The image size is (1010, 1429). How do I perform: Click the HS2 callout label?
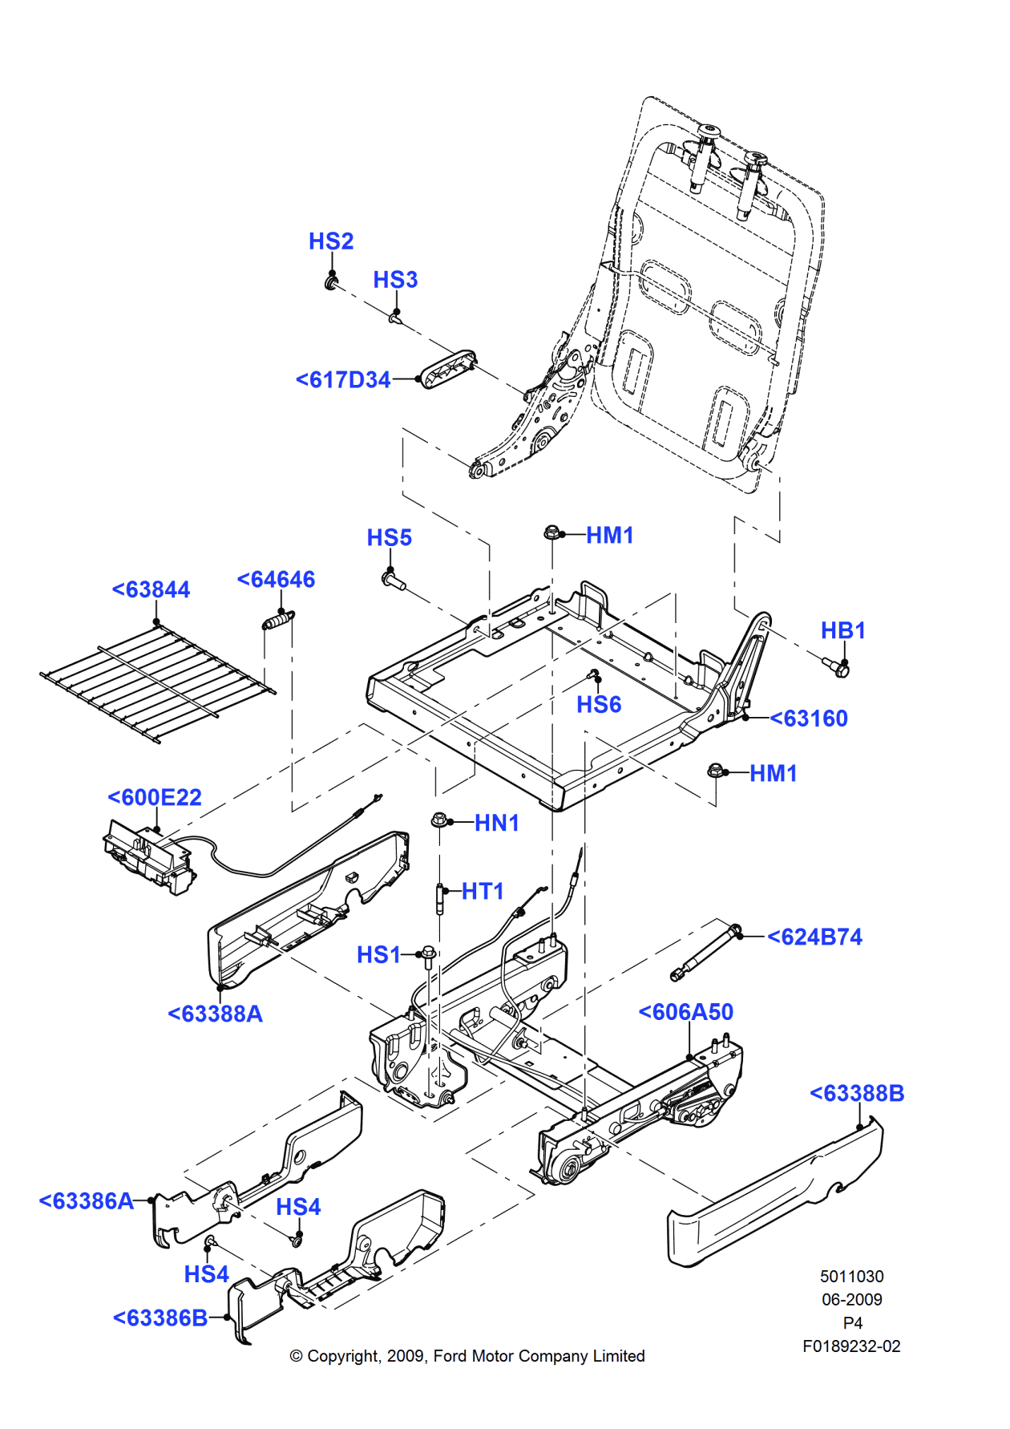[331, 241]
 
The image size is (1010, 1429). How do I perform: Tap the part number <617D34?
[343, 380]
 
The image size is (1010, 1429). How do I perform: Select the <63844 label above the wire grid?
[151, 590]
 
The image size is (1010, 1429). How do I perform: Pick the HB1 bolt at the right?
[836, 667]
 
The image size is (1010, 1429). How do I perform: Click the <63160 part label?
[808, 719]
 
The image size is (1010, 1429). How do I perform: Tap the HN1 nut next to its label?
[439, 821]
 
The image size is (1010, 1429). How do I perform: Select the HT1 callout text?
[483, 892]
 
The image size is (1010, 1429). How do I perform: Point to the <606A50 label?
[685, 1012]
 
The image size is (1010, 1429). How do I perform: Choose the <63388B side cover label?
[857, 1094]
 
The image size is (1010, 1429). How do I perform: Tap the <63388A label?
[215, 1014]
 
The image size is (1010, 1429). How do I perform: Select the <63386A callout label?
[87, 1201]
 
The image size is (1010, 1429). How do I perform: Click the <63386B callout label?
[160, 1318]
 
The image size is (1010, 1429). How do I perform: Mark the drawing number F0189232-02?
[851, 1346]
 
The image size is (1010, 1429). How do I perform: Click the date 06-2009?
[851, 1300]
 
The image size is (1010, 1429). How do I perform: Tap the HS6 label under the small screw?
[599, 705]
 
